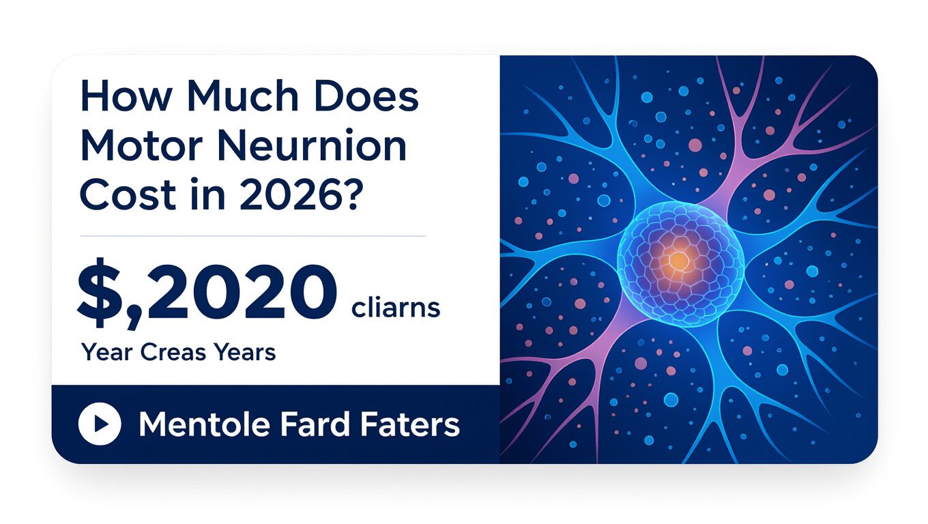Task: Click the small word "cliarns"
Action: [396, 308]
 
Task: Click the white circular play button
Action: [100, 424]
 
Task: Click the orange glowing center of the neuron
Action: [678, 259]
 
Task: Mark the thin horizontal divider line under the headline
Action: [253, 236]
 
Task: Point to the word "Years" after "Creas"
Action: [245, 353]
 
